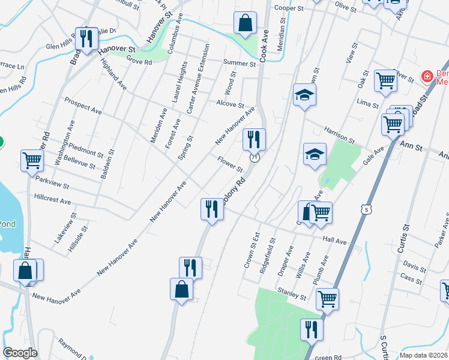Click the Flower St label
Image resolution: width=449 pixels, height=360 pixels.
230,163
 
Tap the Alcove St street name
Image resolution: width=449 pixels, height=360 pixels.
230,104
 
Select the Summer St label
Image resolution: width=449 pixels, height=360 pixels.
240,63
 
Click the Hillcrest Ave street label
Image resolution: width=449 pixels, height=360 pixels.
53,199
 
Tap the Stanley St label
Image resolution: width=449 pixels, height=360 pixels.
292,296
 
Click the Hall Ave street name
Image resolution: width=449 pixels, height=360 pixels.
335,241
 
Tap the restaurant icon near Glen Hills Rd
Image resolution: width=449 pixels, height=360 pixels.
86,38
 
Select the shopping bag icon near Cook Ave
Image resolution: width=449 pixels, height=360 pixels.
245,24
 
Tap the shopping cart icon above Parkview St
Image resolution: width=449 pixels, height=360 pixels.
32,160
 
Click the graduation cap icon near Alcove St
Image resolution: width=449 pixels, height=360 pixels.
304,94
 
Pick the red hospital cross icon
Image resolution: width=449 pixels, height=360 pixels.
427,76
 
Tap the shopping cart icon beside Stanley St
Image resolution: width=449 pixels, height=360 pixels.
327,298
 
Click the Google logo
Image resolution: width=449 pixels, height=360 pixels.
20,352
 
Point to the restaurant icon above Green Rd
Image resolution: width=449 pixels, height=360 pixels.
312,329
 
